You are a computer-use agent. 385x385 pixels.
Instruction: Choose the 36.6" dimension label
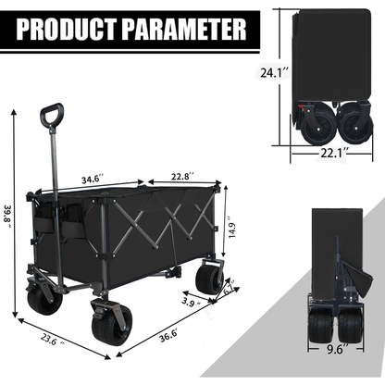click(x=167, y=337)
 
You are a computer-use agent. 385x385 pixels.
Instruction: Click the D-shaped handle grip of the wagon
click(x=51, y=118)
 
